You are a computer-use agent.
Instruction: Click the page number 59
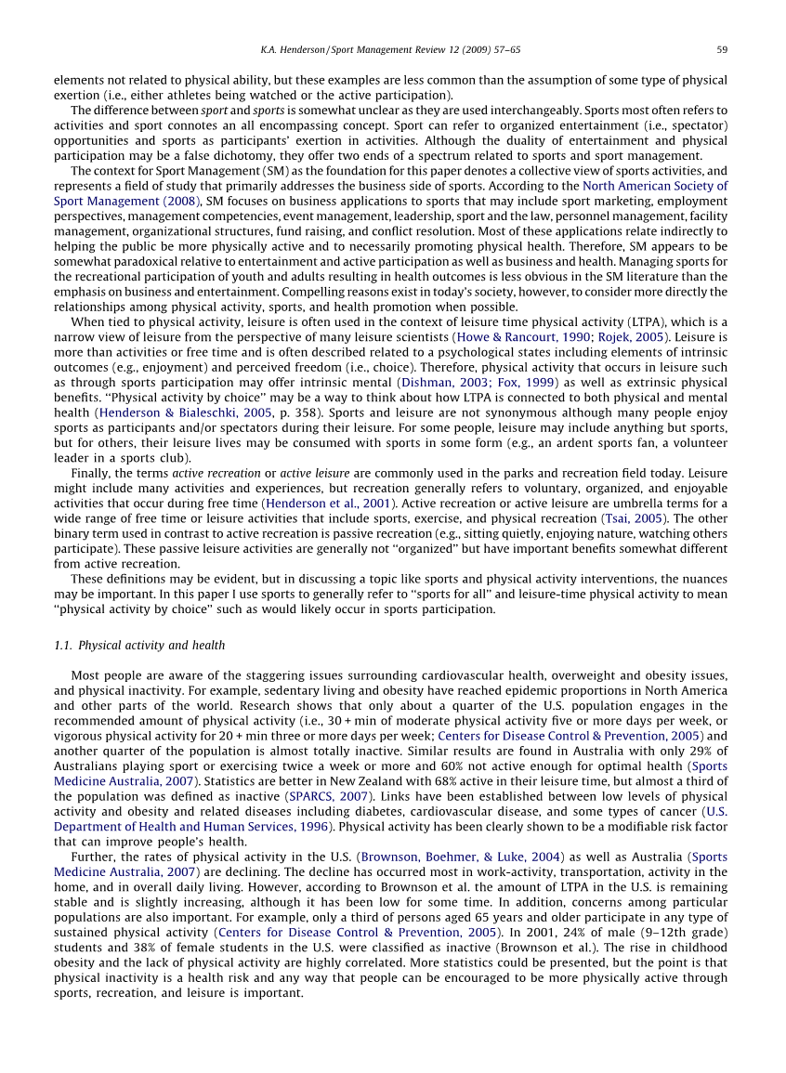(x=721, y=49)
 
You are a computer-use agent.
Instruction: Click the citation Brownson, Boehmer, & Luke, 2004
(x=460, y=857)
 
